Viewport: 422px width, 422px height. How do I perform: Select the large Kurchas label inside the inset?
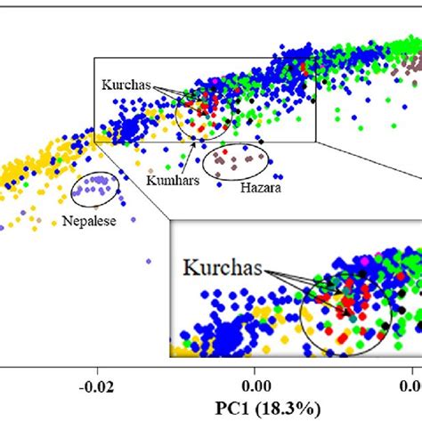221,266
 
